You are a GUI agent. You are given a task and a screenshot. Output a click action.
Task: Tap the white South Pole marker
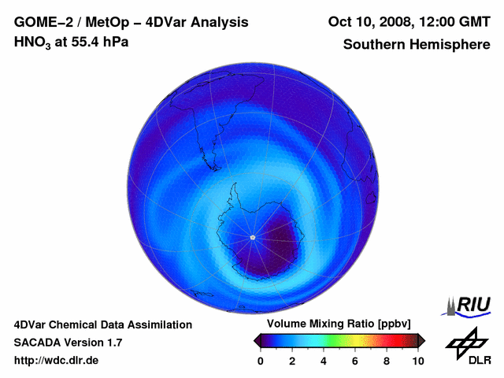tap(252, 237)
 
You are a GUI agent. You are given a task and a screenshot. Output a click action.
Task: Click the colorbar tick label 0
tap(260, 361)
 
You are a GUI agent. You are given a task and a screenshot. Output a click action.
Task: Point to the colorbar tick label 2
tap(291, 361)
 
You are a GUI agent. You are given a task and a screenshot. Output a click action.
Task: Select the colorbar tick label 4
tap(323, 361)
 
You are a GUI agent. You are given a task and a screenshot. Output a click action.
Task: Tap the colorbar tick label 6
tap(354, 361)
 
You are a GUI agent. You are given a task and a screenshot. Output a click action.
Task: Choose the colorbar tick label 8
tap(387, 361)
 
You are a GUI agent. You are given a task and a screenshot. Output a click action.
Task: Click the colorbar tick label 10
tap(417, 361)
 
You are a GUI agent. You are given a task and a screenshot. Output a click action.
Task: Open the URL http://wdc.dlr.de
tap(57, 361)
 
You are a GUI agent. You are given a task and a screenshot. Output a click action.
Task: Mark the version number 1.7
tap(113, 343)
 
